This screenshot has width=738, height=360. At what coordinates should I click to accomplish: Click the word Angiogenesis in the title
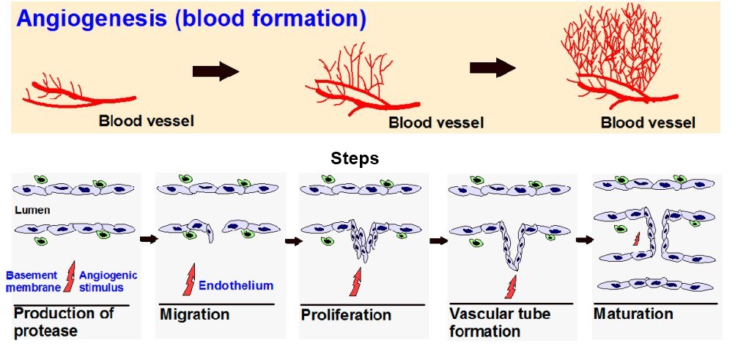point(88,19)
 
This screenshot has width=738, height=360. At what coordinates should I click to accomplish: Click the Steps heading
point(355,159)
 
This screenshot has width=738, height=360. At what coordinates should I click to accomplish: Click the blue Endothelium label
point(236,286)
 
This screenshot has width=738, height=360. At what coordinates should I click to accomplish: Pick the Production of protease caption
point(64,321)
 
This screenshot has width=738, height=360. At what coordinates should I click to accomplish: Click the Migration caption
point(194,315)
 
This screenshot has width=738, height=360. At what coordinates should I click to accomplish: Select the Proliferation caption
point(346,315)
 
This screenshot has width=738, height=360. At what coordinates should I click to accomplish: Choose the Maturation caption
point(632,314)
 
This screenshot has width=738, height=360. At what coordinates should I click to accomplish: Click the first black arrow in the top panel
point(215,71)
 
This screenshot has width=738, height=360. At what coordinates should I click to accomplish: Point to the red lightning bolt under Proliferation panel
point(356,282)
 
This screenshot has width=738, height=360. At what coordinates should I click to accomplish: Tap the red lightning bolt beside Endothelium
point(188,283)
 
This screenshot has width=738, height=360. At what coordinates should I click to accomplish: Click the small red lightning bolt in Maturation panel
point(636,239)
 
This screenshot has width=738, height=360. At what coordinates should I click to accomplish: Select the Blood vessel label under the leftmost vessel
point(147,120)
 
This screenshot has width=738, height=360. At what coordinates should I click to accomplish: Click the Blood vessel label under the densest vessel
point(648,123)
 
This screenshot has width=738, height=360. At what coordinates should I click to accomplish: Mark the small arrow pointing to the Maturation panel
point(585,240)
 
